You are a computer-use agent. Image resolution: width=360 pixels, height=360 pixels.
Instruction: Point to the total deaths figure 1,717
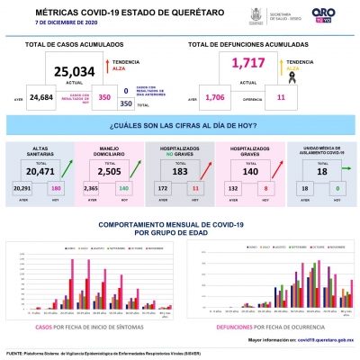245,64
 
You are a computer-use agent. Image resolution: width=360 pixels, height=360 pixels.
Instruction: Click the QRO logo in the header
323,14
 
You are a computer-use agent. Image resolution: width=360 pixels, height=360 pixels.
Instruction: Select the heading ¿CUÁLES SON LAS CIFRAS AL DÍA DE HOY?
180,127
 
